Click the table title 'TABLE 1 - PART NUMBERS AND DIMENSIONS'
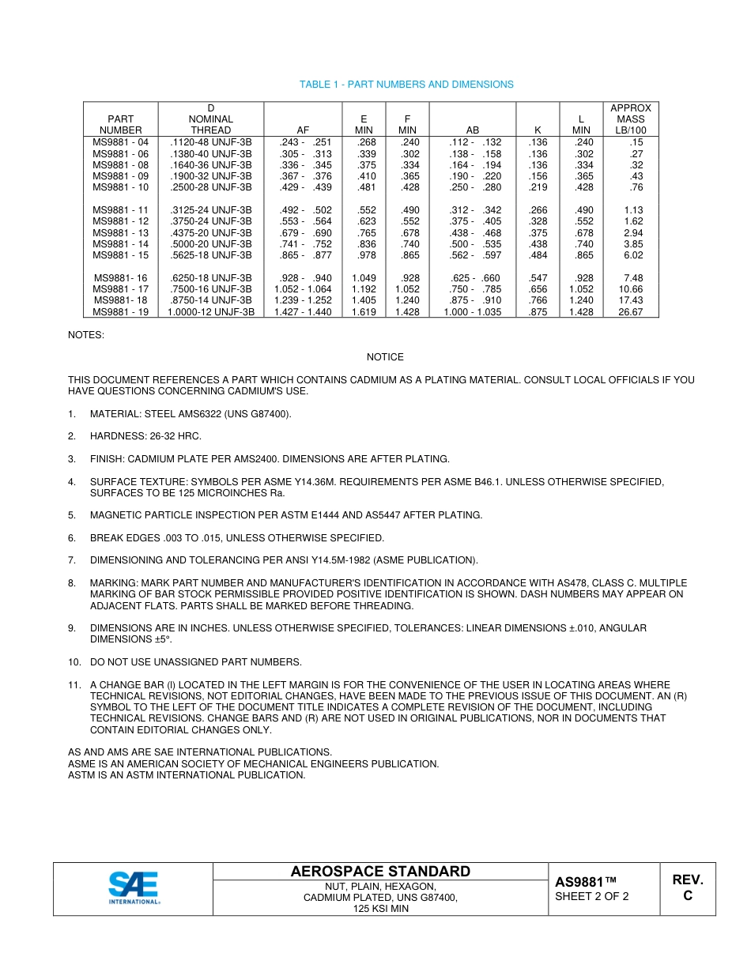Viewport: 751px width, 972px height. tap(406, 85)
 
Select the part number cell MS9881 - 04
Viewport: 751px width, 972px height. tap(120, 142)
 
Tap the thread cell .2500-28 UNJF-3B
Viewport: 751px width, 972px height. tap(211, 187)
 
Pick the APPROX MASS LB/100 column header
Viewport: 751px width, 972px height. tap(631, 119)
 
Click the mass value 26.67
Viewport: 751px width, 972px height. tap(631, 312)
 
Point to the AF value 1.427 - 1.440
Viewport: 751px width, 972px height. tap(303, 312)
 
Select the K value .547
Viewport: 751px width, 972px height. tap(538, 278)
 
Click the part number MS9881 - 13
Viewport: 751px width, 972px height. tap(120, 233)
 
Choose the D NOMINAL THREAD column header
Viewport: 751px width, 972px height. tap(211, 119)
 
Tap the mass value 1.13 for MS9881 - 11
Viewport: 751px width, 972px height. tap(633, 210)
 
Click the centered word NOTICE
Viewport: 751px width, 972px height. tap(385, 357)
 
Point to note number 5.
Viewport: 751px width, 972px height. tap(72, 515)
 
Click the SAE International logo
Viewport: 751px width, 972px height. tap(134, 888)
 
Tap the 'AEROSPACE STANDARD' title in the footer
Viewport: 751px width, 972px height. tap(380, 872)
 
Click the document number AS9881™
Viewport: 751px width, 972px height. tap(585, 882)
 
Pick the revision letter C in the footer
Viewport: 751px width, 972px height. tap(688, 896)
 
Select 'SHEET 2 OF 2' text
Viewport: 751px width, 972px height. tap(592, 896)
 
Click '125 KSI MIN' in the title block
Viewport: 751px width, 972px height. tap(380, 909)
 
